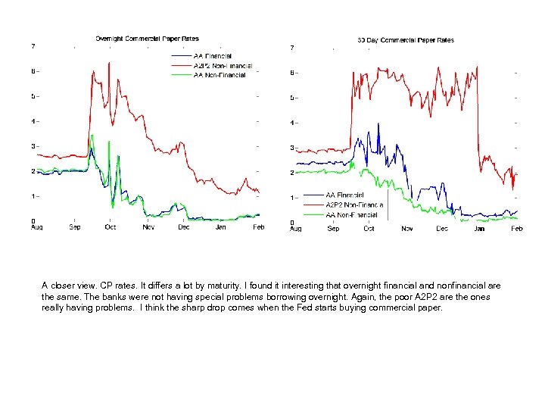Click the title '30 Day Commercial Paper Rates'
(x=405, y=39)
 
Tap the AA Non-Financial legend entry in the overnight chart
(x=220, y=75)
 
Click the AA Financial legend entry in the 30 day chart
(x=344, y=195)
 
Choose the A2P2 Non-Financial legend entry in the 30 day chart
(x=353, y=204)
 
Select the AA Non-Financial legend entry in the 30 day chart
(x=350, y=214)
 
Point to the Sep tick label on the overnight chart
(x=75, y=227)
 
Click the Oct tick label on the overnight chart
(x=111, y=227)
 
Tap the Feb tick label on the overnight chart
(x=258, y=227)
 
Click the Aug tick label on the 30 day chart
(x=296, y=228)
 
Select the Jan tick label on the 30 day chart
(x=479, y=228)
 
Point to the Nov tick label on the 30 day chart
(x=406, y=228)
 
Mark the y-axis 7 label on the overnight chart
(x=33, y=46)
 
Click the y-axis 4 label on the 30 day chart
(x=292, y=123)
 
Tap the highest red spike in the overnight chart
(x=110, y=63)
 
